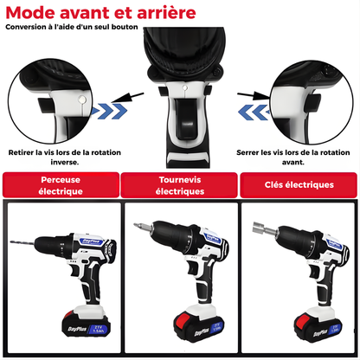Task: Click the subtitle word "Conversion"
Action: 25,27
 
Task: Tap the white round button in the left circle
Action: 82,100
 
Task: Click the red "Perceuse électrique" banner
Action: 61,184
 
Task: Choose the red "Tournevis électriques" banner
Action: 180,184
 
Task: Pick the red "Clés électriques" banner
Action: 299,184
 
